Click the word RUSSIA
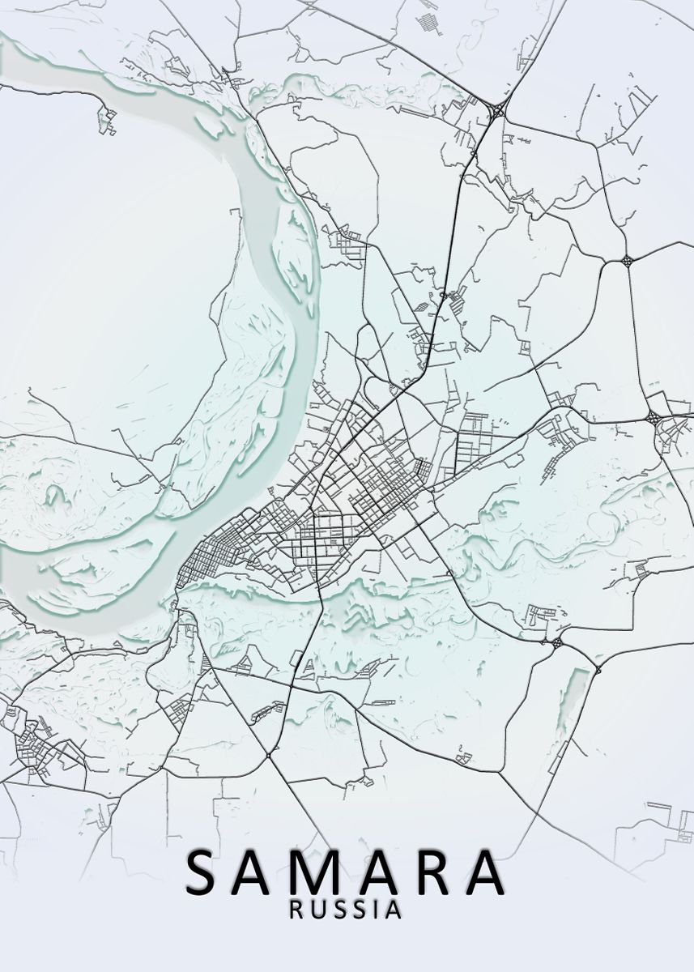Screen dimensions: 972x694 tap(346, 910)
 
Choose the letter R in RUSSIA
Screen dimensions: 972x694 tap(297, 910)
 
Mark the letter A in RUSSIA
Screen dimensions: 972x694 tap(393, 910)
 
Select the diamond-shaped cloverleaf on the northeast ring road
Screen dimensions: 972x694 tap(628, 260)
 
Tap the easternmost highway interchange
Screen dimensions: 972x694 tap(653, 418)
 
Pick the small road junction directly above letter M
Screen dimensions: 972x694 tap(268, 756)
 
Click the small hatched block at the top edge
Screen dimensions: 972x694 tap(428, 23)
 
